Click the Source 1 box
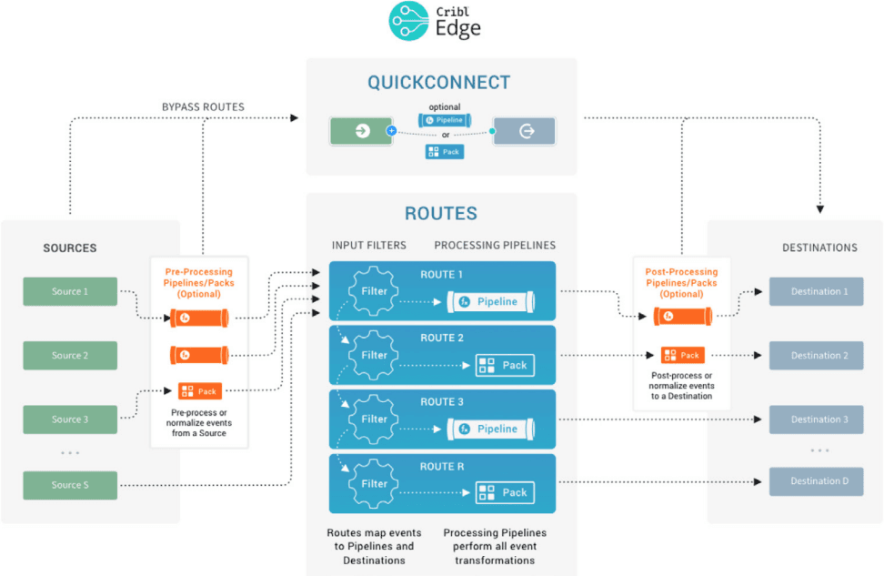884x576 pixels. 70,291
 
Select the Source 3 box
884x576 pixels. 70,419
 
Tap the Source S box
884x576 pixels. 70,485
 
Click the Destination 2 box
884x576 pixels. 816,356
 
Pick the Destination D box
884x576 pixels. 816,481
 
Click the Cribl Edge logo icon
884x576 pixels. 408,21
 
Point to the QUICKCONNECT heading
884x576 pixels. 439,83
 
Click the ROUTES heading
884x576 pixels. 441,215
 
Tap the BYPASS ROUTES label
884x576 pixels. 202,106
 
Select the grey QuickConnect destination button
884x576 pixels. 524,131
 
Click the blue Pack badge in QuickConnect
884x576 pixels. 445,152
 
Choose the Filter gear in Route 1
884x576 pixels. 374,291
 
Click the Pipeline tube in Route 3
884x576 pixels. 490,429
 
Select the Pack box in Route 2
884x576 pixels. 505,365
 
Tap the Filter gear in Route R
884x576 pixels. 374,483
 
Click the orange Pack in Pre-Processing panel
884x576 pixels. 199,391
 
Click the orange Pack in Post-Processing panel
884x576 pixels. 682,356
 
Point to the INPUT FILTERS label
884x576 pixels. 368,246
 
